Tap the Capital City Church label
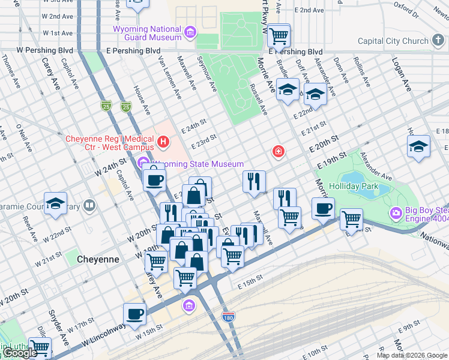tap(393, 41)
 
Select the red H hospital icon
tap(163, 142)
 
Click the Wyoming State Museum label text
tap(199, 164)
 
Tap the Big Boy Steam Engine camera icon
tap(396, 213)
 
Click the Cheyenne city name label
tap(98, 259)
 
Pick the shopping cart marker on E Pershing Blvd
tap(279, 35)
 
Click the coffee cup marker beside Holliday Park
tap(323, 209)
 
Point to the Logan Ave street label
tap(401, 75)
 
